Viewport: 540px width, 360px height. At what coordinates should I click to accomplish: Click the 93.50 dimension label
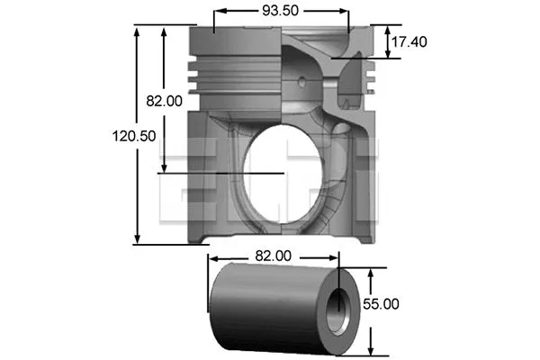tap(281, 11)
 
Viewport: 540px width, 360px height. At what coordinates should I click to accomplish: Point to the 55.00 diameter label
tap(381, 304)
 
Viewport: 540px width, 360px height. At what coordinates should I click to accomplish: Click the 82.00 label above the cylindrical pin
tap(274, 256)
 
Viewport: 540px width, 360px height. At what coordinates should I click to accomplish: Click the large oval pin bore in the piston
tap(280, 173)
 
